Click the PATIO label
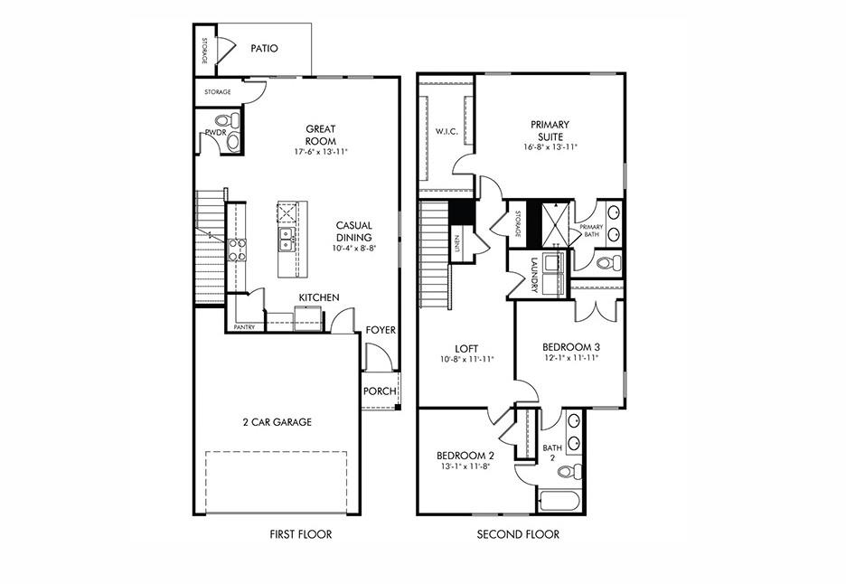(264, 49)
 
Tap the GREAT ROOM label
(320, 135)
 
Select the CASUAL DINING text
(353, 231)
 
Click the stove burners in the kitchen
(237, 250)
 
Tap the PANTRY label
(244, 327)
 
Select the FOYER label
(381, 330)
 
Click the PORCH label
(379, 391)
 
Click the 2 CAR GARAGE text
(277, 421)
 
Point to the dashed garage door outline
(276, 480)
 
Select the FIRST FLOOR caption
(301, 534)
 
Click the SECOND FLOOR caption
(518, 534)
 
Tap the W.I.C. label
(446, 132)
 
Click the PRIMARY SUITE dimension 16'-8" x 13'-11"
(550, 147)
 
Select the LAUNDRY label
(534, 274)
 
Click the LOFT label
(466, 348)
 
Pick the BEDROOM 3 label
(571, 347)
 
